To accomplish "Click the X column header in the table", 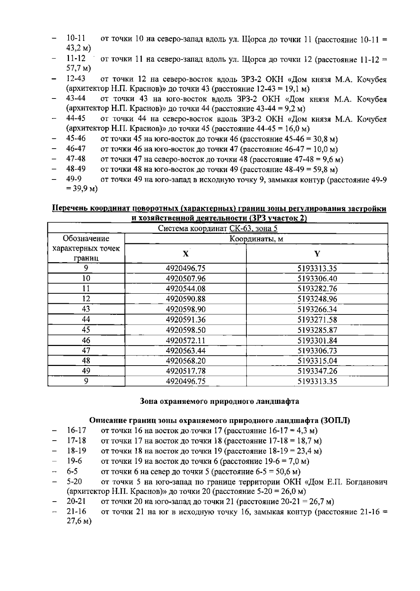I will click(x=185, y=254).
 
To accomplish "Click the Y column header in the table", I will click(x=317, y=254).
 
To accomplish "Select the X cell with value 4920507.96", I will click(x=185, y=279).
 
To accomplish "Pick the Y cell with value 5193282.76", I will click(x=317, y=289).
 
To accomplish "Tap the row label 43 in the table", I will click(x=86, y=309).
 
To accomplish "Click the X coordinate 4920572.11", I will click(x=185, y=340).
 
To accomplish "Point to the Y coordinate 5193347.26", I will click(x=317, y=371).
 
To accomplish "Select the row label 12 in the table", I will click(x=86, y=299).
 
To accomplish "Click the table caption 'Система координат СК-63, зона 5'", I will click(x=218, y=229).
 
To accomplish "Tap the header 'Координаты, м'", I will click(x=256, y=239).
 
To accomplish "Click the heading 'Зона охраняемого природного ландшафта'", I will click(x=219, y=401).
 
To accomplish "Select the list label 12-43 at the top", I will click(x=76, y=79).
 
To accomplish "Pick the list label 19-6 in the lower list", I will click(x=74, y=461).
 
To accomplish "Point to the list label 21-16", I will click(x=76, y=511).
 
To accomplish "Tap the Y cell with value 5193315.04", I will click(x=317, y=361).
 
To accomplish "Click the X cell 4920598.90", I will click(x=185, y=309).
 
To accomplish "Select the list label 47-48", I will click(x=76, y=159).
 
